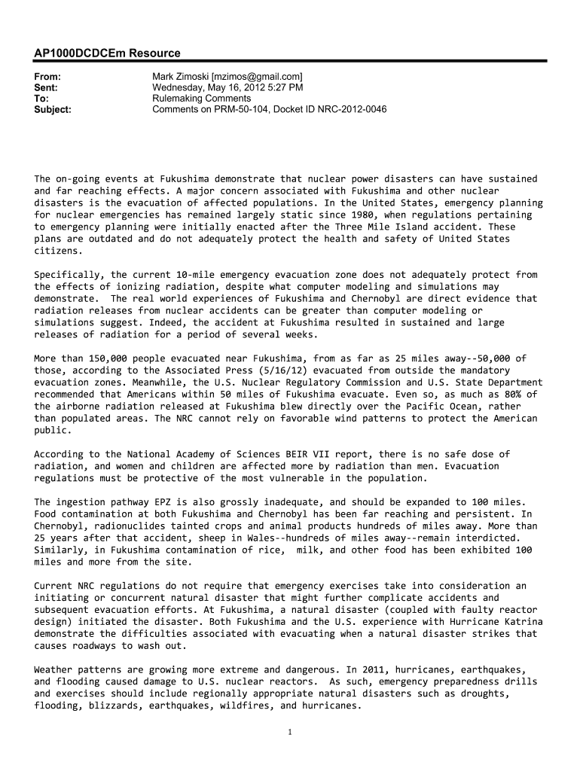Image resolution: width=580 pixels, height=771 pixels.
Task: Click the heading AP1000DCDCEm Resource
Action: click(107, 53)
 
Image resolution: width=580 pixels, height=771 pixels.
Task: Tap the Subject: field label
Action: click(53, 109)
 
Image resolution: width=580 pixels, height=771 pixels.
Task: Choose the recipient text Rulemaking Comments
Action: click(201, 99)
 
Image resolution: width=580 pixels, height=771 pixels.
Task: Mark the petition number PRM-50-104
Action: click(241, 109)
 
